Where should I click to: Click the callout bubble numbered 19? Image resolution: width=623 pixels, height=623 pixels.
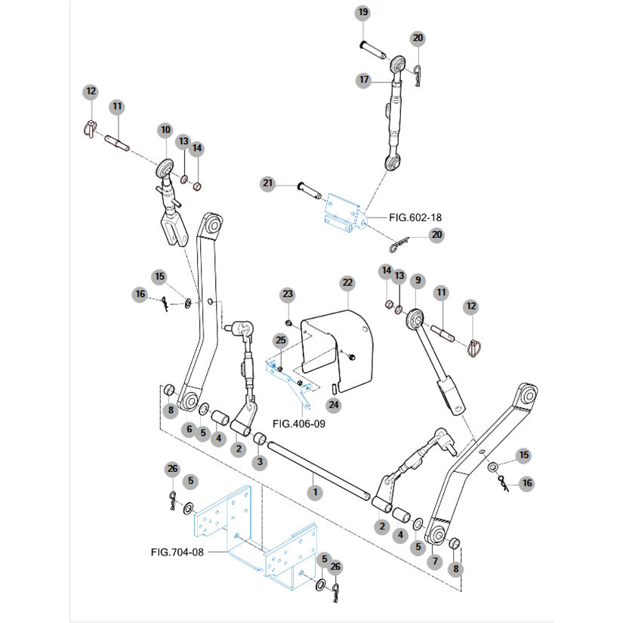click(362, 13)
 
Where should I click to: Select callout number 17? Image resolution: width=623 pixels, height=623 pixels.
click(363, 79)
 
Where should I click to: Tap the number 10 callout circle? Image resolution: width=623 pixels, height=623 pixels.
click(165, 131)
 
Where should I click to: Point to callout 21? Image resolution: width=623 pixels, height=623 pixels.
click(267, 184)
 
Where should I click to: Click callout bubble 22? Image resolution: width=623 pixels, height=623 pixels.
click(347, 282)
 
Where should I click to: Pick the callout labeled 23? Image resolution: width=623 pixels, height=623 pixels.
click(287, 294)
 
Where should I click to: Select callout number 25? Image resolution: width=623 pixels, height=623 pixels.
click(280, 340)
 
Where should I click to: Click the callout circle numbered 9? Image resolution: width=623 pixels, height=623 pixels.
click(416, 280)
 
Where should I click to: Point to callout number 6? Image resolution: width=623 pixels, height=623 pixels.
click(189, 429)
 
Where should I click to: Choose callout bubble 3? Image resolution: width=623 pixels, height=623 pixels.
click(260, 461)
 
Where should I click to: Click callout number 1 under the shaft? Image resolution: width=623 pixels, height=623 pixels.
click(315, 492)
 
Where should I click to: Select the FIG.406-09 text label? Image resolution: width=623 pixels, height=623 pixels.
click(298, 424)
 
